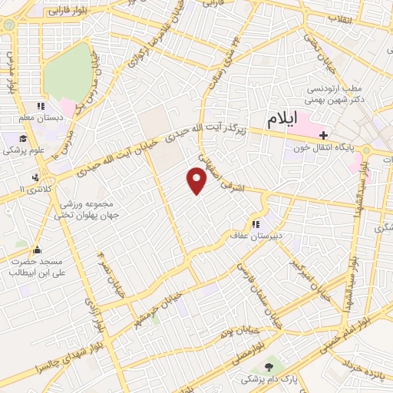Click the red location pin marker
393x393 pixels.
[x=197, y=181]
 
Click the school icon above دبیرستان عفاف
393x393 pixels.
[x=255, y=223]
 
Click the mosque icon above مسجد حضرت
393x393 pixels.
[x=36, y=249]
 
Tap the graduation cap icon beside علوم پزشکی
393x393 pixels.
[x=25, y=139]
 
